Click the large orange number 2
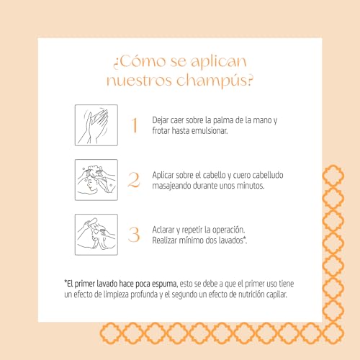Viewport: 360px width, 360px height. point(133,180)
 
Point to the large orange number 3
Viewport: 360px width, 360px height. point(133,235)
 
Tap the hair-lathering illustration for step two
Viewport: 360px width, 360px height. point(96,180)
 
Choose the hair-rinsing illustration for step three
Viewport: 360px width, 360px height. point(96,235)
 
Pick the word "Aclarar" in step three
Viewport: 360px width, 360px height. point(165,229)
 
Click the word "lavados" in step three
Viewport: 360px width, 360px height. point(230,240)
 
